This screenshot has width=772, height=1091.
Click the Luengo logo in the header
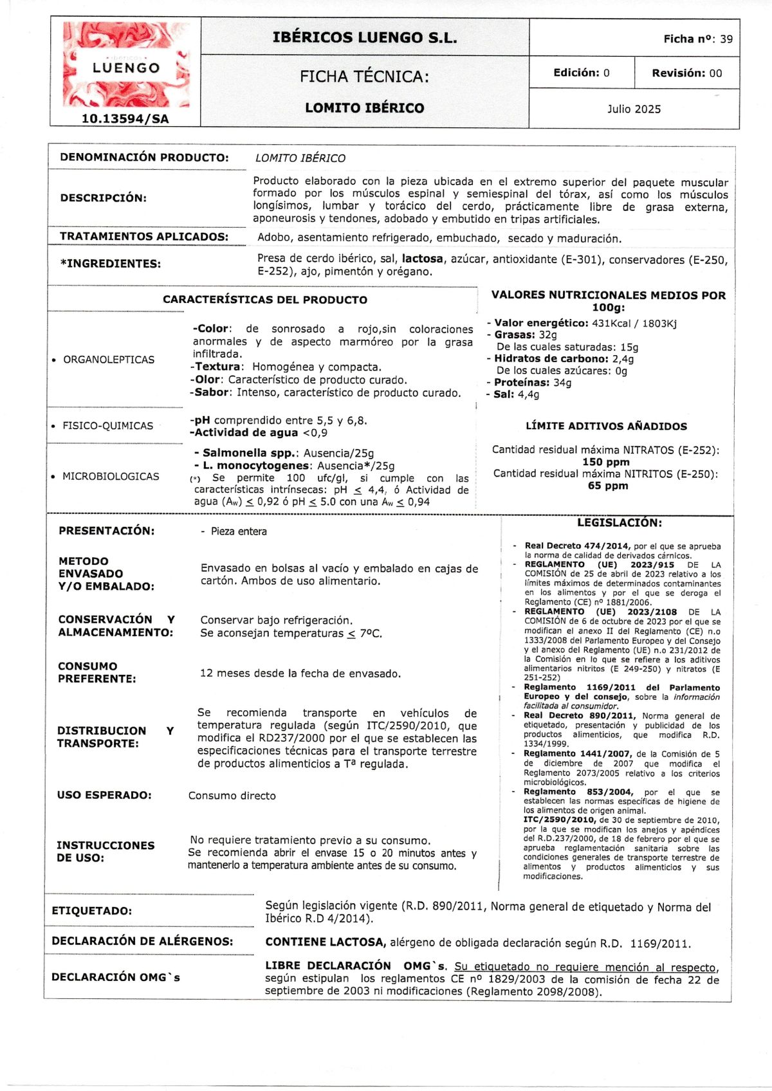point(126,65)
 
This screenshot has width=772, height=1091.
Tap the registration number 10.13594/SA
point(125,118)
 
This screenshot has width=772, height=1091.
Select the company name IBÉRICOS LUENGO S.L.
point(365,37)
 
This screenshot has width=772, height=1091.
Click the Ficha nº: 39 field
point(697,39)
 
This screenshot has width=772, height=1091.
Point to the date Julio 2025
point(634,109)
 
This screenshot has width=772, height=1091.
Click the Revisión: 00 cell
point(686,73)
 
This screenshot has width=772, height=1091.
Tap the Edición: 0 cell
point(581,73)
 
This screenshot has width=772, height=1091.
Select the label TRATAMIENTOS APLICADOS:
point(144,236)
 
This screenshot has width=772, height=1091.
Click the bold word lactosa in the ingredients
point(422,259)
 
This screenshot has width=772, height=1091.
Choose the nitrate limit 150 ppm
point(605,462)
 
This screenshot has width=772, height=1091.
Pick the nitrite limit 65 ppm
point(607,486)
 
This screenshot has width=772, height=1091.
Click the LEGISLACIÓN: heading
point(619,523)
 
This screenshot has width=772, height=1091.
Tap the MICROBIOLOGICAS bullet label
point(110,476)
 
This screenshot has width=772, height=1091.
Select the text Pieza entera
point(238,531)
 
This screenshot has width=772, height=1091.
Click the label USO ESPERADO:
point(104,795)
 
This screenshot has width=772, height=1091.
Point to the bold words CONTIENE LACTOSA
point(325,942)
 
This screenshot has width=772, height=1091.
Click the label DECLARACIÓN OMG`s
point(116,977)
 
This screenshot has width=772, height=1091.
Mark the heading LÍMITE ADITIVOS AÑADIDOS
point(606,426)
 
